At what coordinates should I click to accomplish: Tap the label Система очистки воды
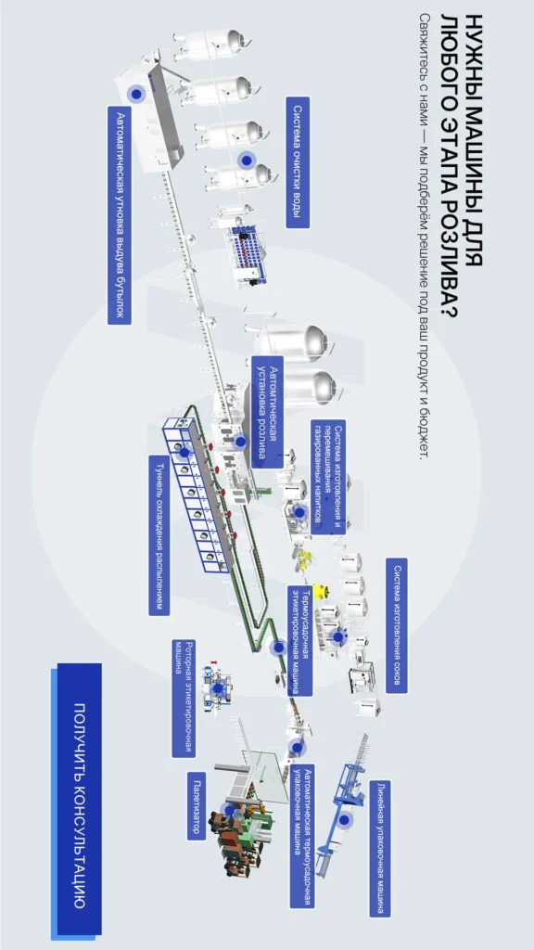298,162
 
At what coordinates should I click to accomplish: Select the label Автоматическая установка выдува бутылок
121,215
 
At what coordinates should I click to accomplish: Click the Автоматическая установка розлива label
267,412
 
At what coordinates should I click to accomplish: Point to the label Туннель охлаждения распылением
159,535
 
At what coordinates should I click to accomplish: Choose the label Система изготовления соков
397,625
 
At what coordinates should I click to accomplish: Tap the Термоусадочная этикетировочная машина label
300,640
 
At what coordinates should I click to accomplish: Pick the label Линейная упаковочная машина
379,848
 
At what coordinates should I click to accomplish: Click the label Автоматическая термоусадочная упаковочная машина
302,836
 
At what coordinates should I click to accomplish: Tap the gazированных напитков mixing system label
328,477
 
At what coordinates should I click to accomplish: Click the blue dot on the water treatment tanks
246,160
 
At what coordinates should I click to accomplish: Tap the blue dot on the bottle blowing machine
136,94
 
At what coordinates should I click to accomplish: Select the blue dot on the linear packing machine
345,820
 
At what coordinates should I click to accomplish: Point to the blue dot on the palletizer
228,809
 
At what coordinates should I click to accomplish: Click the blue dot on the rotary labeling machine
217,689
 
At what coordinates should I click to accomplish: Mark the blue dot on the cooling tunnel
184,452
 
